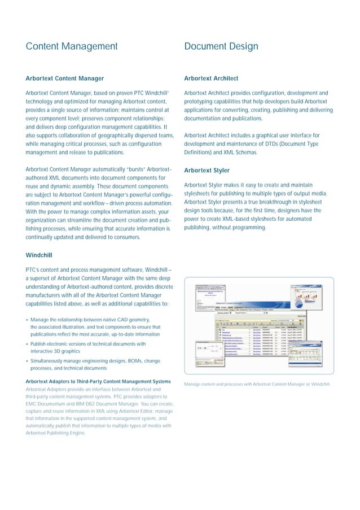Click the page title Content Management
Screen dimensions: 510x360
click(x=72, y=46)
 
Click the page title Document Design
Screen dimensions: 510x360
click(x=221, y=46)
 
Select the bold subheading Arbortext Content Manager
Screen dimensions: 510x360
click(x=65, y=79)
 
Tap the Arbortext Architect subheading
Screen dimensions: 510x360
click(x=211, y=79)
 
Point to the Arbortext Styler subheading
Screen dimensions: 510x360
click(x=206, y=170)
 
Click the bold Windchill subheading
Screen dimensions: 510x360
click(x=39, y=255)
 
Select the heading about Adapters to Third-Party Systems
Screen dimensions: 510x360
click(x=98, y=381)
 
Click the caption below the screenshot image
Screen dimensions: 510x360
click(x=257, y=385)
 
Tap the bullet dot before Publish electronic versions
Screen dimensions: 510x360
click(x=27, y=343)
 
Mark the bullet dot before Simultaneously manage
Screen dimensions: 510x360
click(x=27, y=360)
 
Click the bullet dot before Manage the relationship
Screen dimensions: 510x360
click(x=27, y=319)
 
